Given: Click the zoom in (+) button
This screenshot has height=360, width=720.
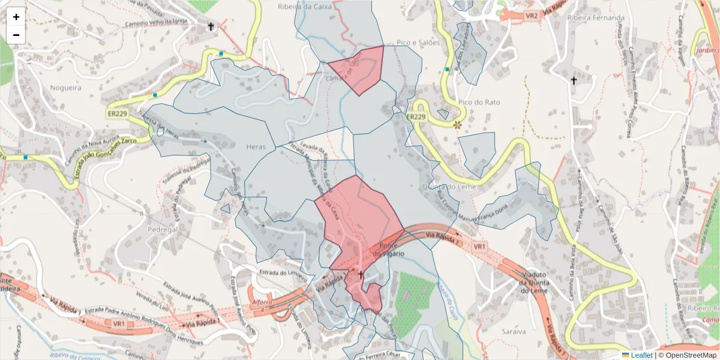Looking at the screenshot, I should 16,17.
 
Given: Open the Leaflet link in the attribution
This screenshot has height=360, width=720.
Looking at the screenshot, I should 641,355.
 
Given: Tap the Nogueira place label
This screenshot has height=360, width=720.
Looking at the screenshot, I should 65,88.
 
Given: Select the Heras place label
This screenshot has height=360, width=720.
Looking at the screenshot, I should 256,146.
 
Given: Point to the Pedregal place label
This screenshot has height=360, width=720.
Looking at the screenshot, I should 163,229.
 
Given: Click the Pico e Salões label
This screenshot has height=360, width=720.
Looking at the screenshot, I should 419,43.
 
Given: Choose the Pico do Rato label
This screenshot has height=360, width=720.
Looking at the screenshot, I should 471,103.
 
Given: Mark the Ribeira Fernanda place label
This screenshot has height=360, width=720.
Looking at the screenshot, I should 596,18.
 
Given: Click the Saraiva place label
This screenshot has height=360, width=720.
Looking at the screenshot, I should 514,331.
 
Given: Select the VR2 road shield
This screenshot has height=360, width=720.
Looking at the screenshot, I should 531,16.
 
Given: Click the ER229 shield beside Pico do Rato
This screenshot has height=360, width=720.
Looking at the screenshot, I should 416,116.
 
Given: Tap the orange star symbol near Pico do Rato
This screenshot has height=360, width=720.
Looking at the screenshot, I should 458,125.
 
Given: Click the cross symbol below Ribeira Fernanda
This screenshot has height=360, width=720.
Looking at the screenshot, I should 574,80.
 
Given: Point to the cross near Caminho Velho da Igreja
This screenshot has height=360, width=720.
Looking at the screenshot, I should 211,26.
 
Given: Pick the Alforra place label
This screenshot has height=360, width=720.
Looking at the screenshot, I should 262,301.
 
